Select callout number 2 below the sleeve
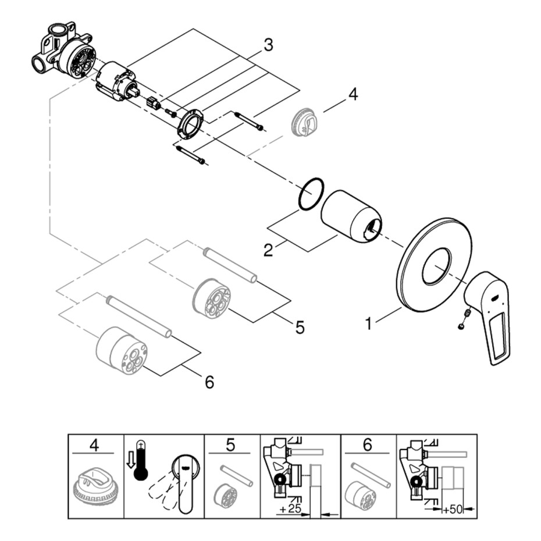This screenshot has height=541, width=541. coord(268,250)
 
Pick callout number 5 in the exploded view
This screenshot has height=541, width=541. coord(300,328)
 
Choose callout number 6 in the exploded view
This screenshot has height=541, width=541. coord(209,382)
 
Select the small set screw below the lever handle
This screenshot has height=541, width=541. coord(464,318)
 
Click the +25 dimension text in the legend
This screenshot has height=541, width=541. coord(289,510)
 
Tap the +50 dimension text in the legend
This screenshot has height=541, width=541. coord(453,510)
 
